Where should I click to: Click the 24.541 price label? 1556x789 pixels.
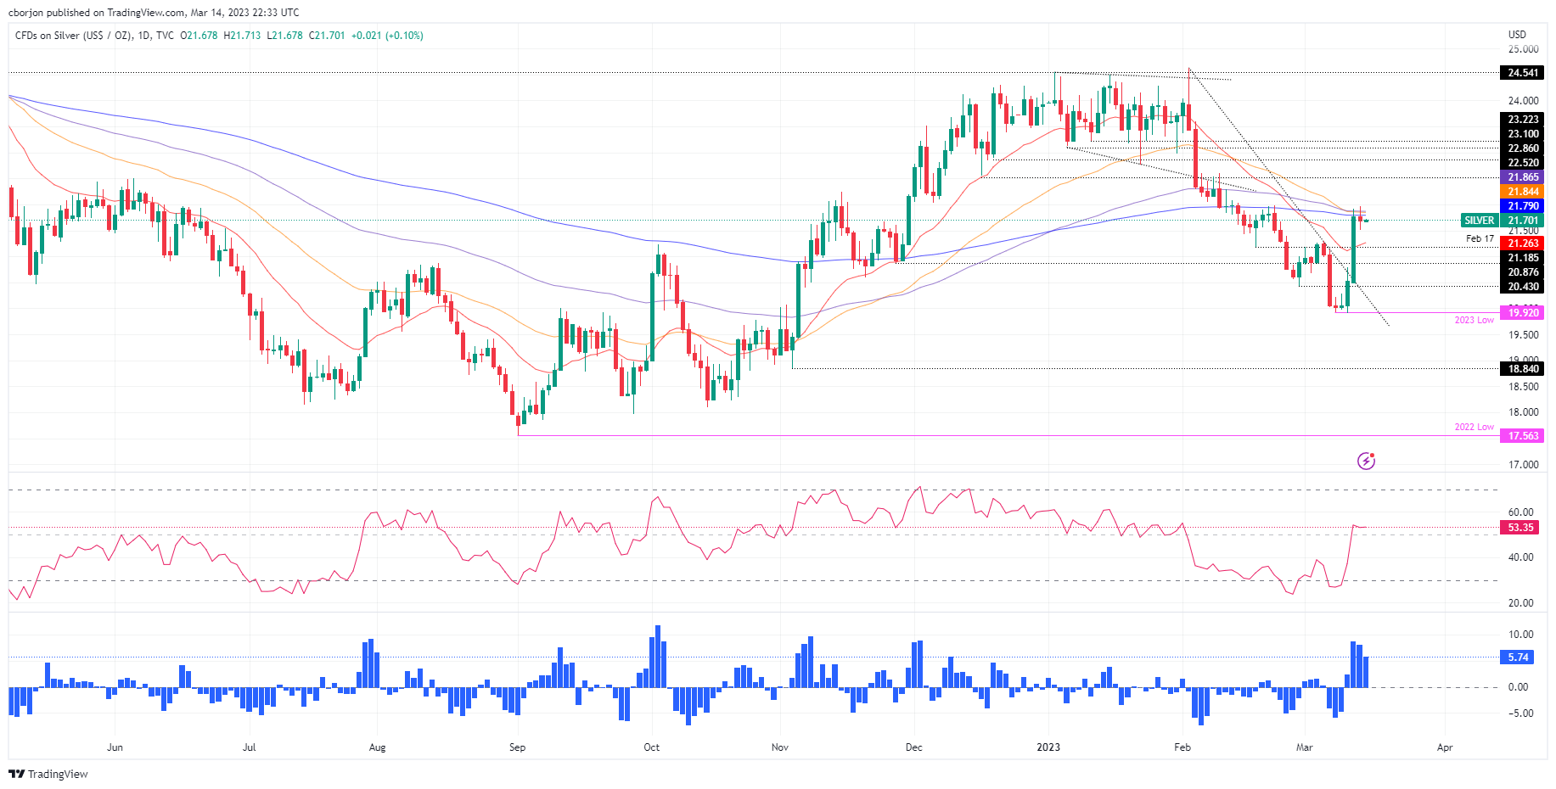pos(1523,73)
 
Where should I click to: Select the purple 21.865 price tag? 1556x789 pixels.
pos(1523,177)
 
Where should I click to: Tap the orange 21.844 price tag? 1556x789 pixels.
pos(1523,192)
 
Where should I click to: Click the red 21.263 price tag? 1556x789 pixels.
pos(1523,243)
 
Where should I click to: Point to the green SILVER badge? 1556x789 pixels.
pos(1480,221)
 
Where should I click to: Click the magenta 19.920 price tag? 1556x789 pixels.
pos(1523,313)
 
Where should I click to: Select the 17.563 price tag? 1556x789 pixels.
pos(1523,436)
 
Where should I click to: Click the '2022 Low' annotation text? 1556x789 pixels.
pos(1474,427)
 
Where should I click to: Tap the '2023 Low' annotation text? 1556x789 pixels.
pos(1474,320)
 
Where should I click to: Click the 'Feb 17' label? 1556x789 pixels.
pos(1480,239)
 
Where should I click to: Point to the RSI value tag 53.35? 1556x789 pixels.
pos(1520,528)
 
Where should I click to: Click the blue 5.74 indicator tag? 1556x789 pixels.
pos(1519,657)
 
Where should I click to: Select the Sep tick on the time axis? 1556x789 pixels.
pos(517,747)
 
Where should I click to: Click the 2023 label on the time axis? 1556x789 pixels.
pos(1048,747)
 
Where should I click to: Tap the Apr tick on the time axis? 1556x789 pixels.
pos(1444,747)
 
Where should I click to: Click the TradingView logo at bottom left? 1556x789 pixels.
pos(48,774)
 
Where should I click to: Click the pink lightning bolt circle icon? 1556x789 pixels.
pos(1366,461)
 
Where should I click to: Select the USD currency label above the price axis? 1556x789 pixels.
pos(1517,35)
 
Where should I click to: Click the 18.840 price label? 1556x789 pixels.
pos(1523,369)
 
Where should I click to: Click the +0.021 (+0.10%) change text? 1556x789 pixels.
pos(387,36)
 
